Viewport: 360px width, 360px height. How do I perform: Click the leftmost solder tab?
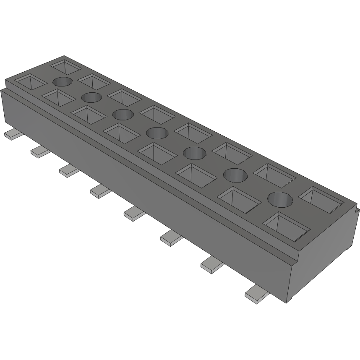pyautogui.click(x=14, y=134)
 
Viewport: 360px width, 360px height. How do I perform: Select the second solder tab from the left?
pyautogui.click(x=40, y=151)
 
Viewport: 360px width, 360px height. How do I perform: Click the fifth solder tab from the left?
pyautogui.click(x=135, y=214)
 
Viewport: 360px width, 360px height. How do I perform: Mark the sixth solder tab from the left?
pyautogui.click(x=172, y=238)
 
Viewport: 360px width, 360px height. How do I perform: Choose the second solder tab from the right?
pyautogui.click(x=213, y=265)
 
